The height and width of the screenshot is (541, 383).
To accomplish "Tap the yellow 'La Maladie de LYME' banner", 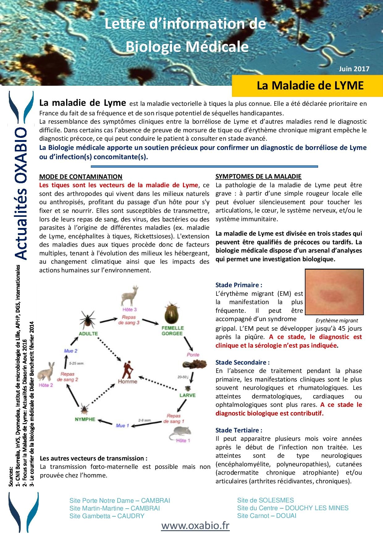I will (310, 85).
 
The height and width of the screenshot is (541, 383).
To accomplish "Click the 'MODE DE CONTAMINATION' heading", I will (81, 177).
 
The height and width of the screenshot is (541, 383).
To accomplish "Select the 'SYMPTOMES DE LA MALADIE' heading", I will (258, 176).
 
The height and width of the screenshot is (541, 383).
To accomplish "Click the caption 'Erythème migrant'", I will (337, 320).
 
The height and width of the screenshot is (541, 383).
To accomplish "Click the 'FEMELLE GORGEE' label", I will (172, 331).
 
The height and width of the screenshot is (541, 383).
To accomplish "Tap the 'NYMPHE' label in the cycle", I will (85, 419).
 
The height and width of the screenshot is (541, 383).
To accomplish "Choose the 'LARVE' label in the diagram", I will (187, 395).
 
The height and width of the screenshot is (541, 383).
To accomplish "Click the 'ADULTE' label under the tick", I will (88, 333).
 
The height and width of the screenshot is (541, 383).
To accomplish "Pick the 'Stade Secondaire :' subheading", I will (242, 362).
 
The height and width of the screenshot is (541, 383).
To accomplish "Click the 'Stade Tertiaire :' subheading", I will (239, 430).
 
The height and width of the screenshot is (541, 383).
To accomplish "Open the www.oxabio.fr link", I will (195, 526).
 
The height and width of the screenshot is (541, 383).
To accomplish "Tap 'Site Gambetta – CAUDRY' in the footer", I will (107, 516).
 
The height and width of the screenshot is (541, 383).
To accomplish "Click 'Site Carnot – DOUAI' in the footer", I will (267, 515).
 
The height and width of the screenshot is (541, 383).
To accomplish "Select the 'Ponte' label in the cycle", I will (193, 355).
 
